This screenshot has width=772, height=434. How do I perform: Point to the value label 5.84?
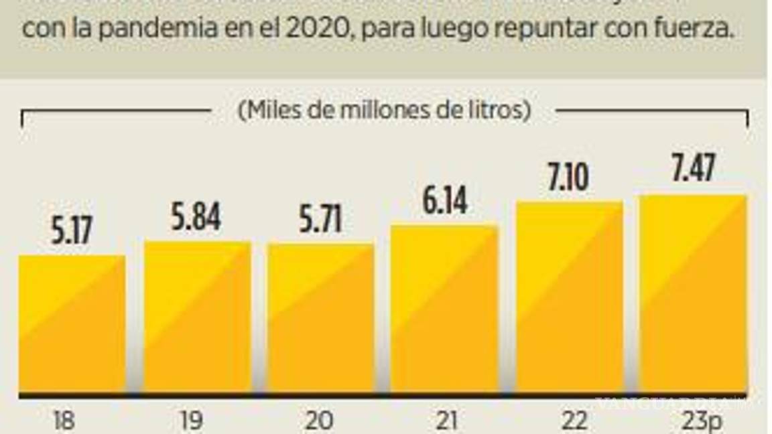[x=196, y=218]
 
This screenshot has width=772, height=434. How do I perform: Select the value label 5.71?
[x=320, y=220]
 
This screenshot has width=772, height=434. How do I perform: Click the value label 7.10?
[x=566, y=178]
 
